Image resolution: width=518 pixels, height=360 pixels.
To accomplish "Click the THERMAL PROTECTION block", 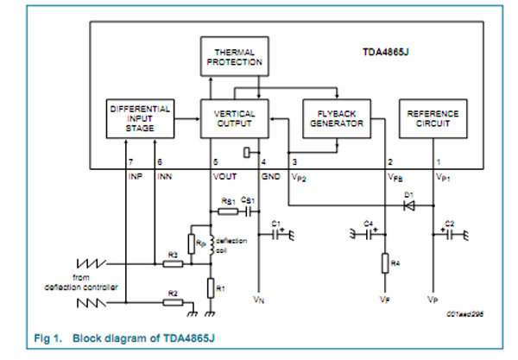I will pos(231,57).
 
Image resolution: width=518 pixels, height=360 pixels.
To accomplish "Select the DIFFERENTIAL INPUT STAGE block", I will pos(142,118).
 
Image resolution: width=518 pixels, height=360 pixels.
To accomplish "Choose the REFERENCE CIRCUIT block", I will pos(433,118).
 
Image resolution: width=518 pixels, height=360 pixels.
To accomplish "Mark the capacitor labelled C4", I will pos(370,233).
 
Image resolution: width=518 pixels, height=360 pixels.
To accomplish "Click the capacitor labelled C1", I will pos(277,234).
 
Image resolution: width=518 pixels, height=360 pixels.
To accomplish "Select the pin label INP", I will pos(136,176).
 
